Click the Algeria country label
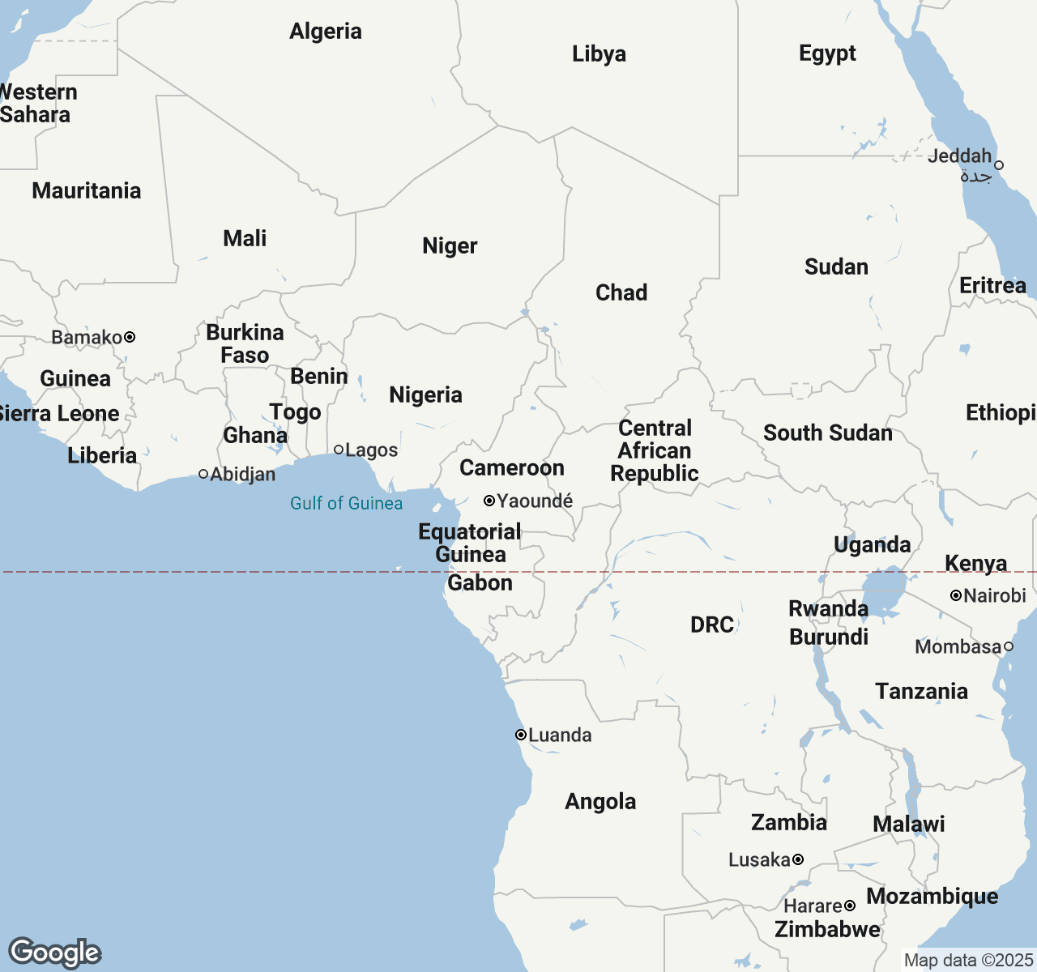[x=326, y=32]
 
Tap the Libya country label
[x=599, y=54]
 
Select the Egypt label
[x=827, y=53]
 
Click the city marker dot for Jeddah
[x=999, y=164]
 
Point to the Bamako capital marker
[x=130, y=337]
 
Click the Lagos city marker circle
[x=339, y=450]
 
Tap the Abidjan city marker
[x=203, y=474]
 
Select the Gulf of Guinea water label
[x=346, y=504]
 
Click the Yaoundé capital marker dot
[x=489, y=501]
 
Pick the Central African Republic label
[x=655, y=451]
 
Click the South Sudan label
[x=827, y=433]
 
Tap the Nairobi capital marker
[x=956, y=595]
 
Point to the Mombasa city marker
[x=1009, y=646]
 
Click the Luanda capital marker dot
[x=521, y=735]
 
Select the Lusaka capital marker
[x=798, y=859]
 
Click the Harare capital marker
[x=850, y=906]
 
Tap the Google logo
[x=54, y=953]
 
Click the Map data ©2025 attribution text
[x=968, y=961]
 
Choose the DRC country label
[x=712, y=625]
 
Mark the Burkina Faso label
[x=245, y=344]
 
